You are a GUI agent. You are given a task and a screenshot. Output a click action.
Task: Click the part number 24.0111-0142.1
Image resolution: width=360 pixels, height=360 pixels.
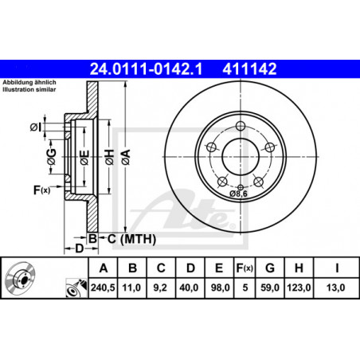click(146, 69)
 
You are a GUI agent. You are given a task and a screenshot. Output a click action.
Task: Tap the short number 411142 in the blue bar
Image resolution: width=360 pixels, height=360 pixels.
click(249, 69)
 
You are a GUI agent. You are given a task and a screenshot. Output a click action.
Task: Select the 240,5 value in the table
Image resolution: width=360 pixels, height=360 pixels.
click(103, 288)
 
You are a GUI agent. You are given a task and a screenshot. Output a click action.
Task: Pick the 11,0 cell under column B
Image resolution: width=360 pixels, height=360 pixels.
click(131, 288)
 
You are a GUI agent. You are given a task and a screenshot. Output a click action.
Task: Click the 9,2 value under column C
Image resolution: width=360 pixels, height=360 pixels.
click(160, 288)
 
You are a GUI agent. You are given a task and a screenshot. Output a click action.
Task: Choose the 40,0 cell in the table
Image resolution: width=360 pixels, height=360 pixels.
click(189, 288)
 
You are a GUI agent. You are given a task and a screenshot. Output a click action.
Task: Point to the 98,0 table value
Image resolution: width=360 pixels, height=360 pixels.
click(220, 288)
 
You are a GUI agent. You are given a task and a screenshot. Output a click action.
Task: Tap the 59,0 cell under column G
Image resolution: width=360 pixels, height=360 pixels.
click(270, 288)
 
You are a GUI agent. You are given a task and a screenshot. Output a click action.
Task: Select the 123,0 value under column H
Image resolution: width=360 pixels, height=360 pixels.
click(299, 288)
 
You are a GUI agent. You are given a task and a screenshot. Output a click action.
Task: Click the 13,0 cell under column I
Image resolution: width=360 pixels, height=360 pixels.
click(335, 288)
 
